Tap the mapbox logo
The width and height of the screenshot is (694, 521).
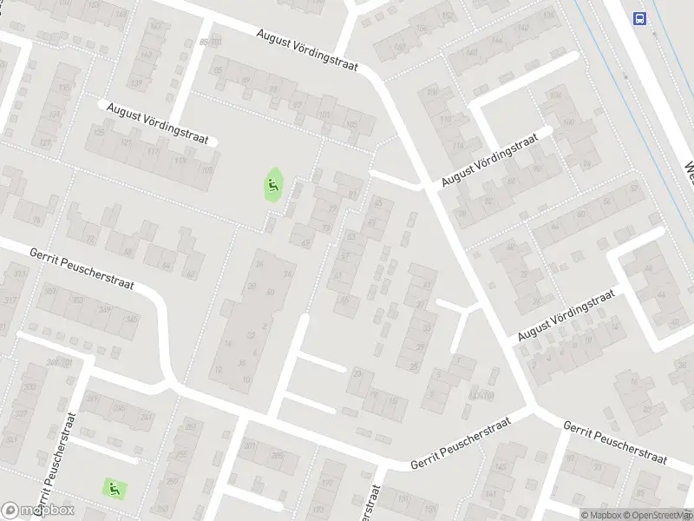click(x=37, y=511)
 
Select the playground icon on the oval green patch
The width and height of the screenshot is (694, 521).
click(x=273, y=184)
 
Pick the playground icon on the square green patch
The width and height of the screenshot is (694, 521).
click(x=114, y=488)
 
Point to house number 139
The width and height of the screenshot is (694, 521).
click(x=135, y=83)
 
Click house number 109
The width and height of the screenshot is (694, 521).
click(x=206, y=171)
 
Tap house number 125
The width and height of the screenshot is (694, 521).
click(x=98, y=133)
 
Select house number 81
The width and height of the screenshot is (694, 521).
click(x=352, y=194)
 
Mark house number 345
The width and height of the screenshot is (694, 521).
click(x=132, y=320)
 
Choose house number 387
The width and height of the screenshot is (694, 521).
click(x=50, y=292)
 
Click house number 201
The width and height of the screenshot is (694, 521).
click(x=250, y=446)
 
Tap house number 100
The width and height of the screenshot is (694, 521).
click(x=569, y=122)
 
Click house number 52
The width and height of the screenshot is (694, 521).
click(x=488, y=201)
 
